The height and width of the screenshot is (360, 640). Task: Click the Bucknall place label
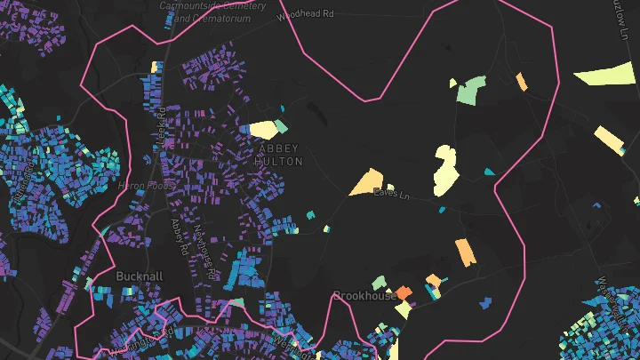tap(140, 276)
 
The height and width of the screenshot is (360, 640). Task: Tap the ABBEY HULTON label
tap(279, 155)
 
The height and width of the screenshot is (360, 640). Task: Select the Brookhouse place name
tap(364, 295)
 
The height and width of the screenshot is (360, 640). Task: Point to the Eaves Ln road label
tap(390, 193)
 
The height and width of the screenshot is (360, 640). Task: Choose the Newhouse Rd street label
tap(206, 252)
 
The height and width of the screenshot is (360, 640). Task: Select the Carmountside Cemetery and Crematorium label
tap(212, 12)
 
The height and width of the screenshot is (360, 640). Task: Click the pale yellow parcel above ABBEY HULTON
tap(263, 130)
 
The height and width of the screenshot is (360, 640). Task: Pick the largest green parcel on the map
tap(472, 89)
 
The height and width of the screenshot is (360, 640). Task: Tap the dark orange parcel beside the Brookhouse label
tap(404, 292)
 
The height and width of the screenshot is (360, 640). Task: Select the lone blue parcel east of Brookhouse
tap(485, 302)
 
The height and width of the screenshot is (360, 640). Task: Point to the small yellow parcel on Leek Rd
tap(155, 67)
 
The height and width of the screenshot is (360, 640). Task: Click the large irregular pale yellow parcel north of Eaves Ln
tap(445, 170)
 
